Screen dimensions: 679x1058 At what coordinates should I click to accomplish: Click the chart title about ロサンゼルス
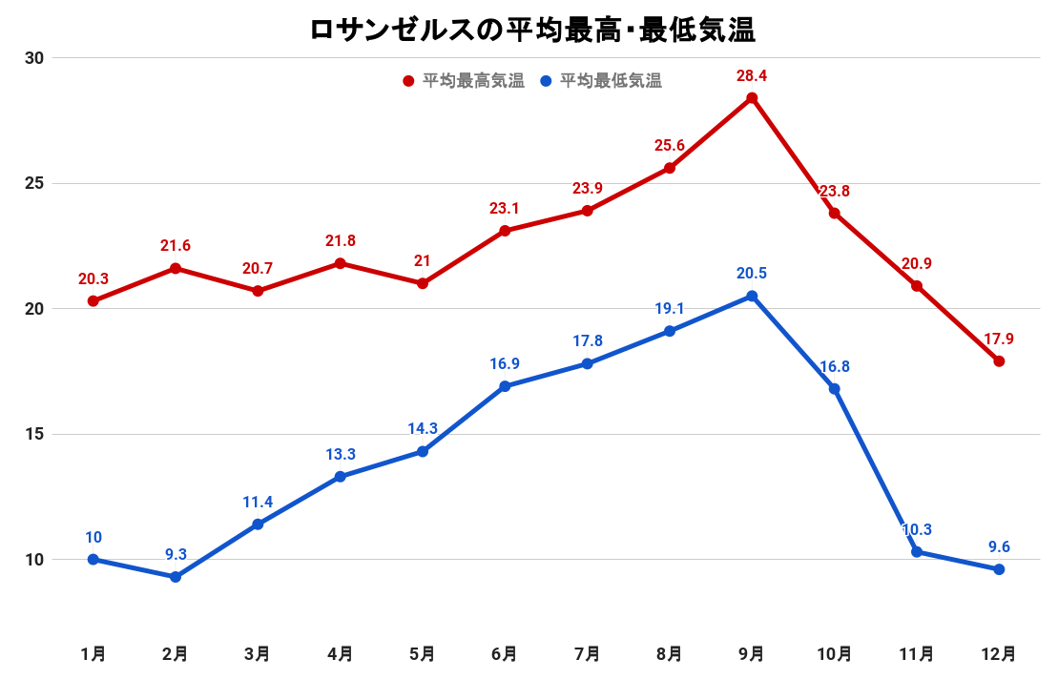532,30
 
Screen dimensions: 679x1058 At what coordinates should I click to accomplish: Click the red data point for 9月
752,98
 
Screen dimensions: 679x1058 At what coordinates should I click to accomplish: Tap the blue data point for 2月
176,577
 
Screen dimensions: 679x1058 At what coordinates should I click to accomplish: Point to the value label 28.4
752,74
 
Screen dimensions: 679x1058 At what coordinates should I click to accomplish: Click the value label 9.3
176,553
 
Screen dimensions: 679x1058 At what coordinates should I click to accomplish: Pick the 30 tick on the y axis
35,58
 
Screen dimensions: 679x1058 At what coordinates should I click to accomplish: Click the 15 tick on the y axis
35,434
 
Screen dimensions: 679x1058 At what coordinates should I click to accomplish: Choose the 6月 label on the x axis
505,654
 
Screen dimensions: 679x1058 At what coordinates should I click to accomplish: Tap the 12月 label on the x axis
999,654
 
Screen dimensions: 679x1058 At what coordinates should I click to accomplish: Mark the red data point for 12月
999,361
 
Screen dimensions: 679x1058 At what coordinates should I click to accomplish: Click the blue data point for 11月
917,552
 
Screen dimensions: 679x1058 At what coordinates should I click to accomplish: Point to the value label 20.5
752,273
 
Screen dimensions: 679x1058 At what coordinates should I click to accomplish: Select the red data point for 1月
93,301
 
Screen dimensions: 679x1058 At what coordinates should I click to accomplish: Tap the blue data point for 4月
341,477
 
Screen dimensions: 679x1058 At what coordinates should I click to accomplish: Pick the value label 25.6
670,145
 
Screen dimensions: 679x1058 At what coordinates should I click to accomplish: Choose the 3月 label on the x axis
258,654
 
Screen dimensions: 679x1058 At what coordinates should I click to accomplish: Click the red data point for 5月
423,283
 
